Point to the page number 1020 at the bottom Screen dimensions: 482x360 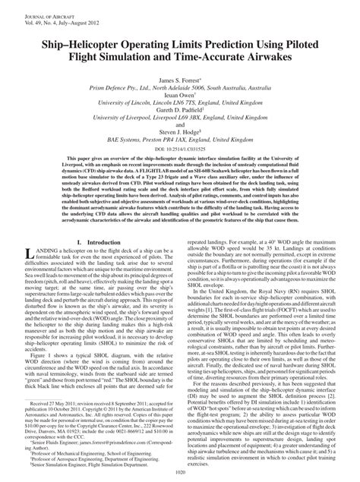[x=180, y=471]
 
